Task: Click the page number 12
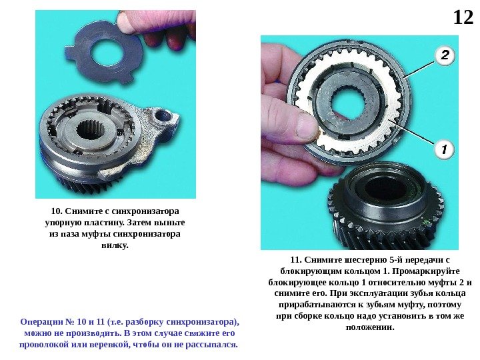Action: coord(463,17)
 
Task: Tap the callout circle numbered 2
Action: coord(445,55)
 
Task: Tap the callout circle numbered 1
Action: coord(445,149)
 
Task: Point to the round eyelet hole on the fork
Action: coord(163,116)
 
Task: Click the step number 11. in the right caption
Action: coord(296,260)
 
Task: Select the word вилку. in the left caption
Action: coord(115,245)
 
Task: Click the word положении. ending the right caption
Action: coord(370,327)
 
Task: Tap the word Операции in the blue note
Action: coord(41,322)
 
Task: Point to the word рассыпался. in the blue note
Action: coord(211,345)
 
